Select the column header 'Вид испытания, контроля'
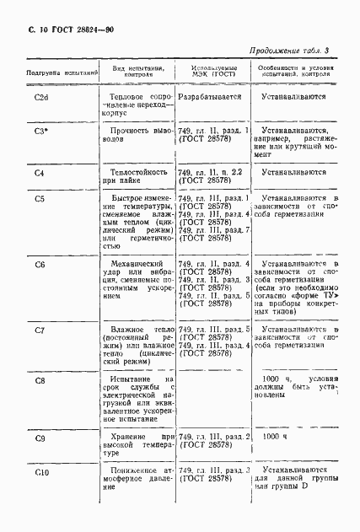137,69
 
